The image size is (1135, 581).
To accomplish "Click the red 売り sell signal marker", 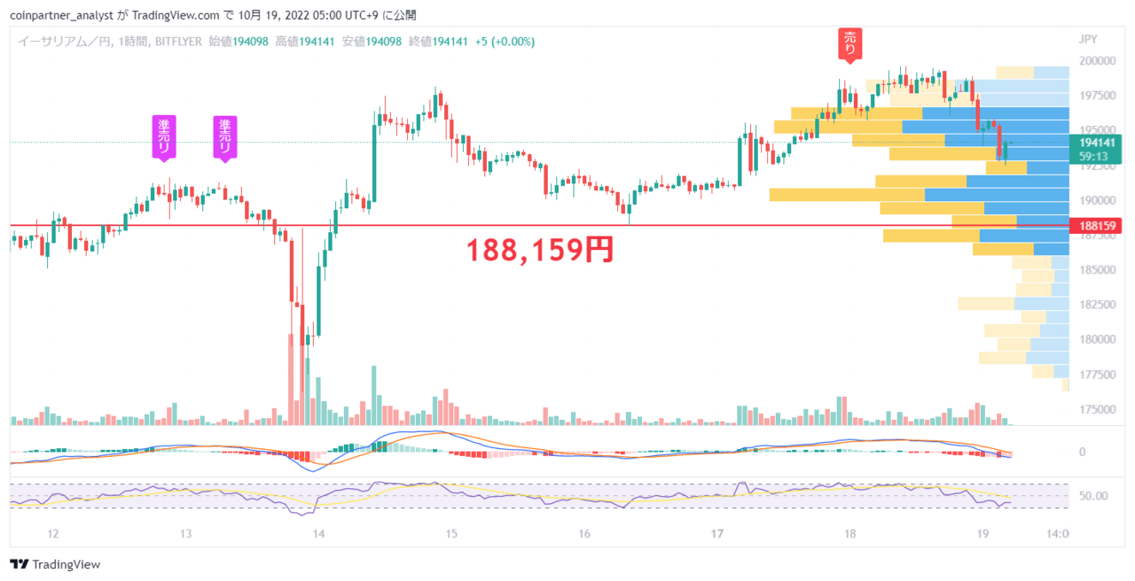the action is [x=849, y=45].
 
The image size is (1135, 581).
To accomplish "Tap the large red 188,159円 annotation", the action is [x=540, y=250].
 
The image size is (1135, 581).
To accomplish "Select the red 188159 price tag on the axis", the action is [x=1097, y=226].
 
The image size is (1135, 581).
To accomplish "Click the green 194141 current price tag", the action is [x=1097, y=143].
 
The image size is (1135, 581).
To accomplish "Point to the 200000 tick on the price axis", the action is [x=1098, y=61].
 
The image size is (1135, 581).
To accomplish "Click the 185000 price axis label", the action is [x=1098, y=270].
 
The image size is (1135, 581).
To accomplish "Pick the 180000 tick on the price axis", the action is [x=1098, y=339].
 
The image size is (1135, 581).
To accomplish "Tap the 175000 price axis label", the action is [x=1098, y=409].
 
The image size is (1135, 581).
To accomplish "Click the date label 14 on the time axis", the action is [x=318, y=533].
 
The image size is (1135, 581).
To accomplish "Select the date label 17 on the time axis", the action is [x=717, y=533].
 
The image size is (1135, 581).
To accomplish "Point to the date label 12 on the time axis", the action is [x=53, y=533].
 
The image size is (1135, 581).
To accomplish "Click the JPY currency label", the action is [x=1088, y=40].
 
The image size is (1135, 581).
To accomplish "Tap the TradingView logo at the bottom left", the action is [x=55, y=564].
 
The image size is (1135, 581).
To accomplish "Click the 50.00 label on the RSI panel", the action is [x=1093, y=496].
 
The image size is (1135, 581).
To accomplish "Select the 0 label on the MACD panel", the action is [x=1083, y=452].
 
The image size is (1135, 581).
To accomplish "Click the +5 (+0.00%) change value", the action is [x=505, y=42].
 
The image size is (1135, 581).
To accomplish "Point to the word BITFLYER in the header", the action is [x=178, y=42].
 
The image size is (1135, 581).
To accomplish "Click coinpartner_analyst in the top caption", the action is [x=61, y=16].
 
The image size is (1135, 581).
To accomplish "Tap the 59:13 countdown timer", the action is [x=1093, y=157].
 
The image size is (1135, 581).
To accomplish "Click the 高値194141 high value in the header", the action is [x=305, y=42].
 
